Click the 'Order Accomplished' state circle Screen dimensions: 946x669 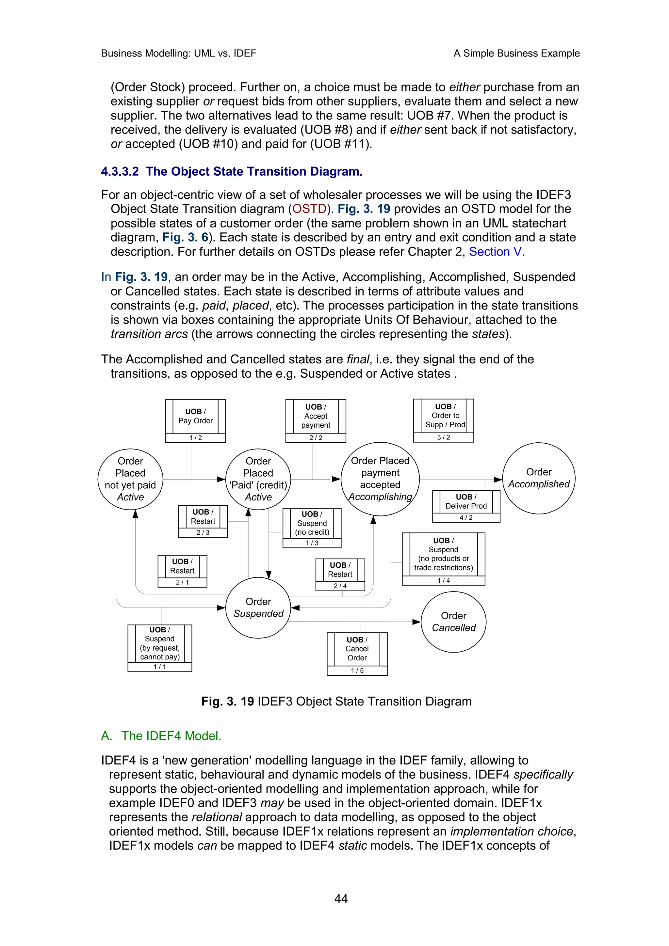(x=538, y=478)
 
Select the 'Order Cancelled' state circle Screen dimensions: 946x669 (x=453, y=622)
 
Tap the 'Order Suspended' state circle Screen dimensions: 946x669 (x=258, y=608)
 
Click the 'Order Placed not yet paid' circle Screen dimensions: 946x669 (x=130, y=479)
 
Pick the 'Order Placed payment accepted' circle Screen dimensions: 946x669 (x=380, y=479)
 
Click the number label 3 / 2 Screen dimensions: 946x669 (x=444, y=437)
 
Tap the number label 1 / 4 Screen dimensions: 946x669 (x=444, y=580)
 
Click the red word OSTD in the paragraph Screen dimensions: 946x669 (x=309, y=209)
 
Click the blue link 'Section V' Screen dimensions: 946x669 (x=495, y=252)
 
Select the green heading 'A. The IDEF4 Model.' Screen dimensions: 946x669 (x=161, y=736)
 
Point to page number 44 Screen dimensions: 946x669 (x=341, y=899)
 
